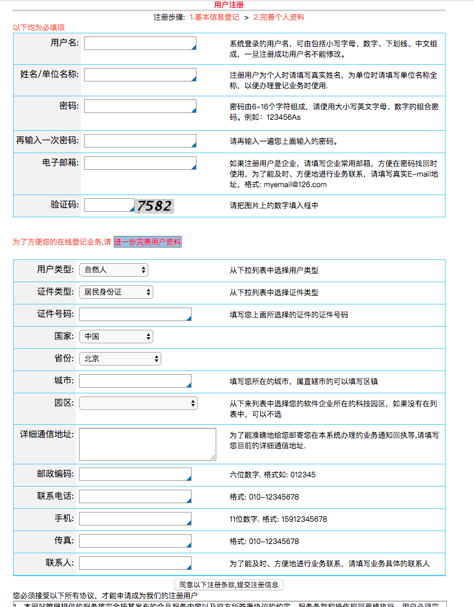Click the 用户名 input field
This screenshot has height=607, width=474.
(x=140, y=43)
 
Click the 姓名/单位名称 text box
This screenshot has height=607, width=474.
(x=140, y=75)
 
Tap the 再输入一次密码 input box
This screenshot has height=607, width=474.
(x=140, y=141)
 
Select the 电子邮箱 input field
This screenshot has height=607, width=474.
(x=140, y=163)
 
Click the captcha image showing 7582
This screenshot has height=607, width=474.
(x=154, y=206)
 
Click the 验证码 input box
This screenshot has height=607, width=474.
(x=109, y=205)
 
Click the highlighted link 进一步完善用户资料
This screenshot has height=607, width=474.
(x=148, y=242)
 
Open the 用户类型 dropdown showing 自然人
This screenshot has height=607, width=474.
(x=114, y=270)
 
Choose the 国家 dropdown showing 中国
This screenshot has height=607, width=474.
(x=116, y=337)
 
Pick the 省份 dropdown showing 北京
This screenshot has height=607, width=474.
(x=120, y=359)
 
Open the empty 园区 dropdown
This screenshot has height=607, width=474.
(x=138, y=403)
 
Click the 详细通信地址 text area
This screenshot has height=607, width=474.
(x=148, y=444)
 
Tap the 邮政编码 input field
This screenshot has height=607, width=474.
(x=135, y=474)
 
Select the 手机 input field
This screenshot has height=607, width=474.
(x=135, y=519)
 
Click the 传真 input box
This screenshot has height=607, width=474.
(x=135, y=541)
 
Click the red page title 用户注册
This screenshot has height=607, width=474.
(x=237, y=5)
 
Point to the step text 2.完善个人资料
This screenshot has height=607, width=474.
(x=279, y=17)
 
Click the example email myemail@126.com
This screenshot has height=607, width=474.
(x=295, y=184)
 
